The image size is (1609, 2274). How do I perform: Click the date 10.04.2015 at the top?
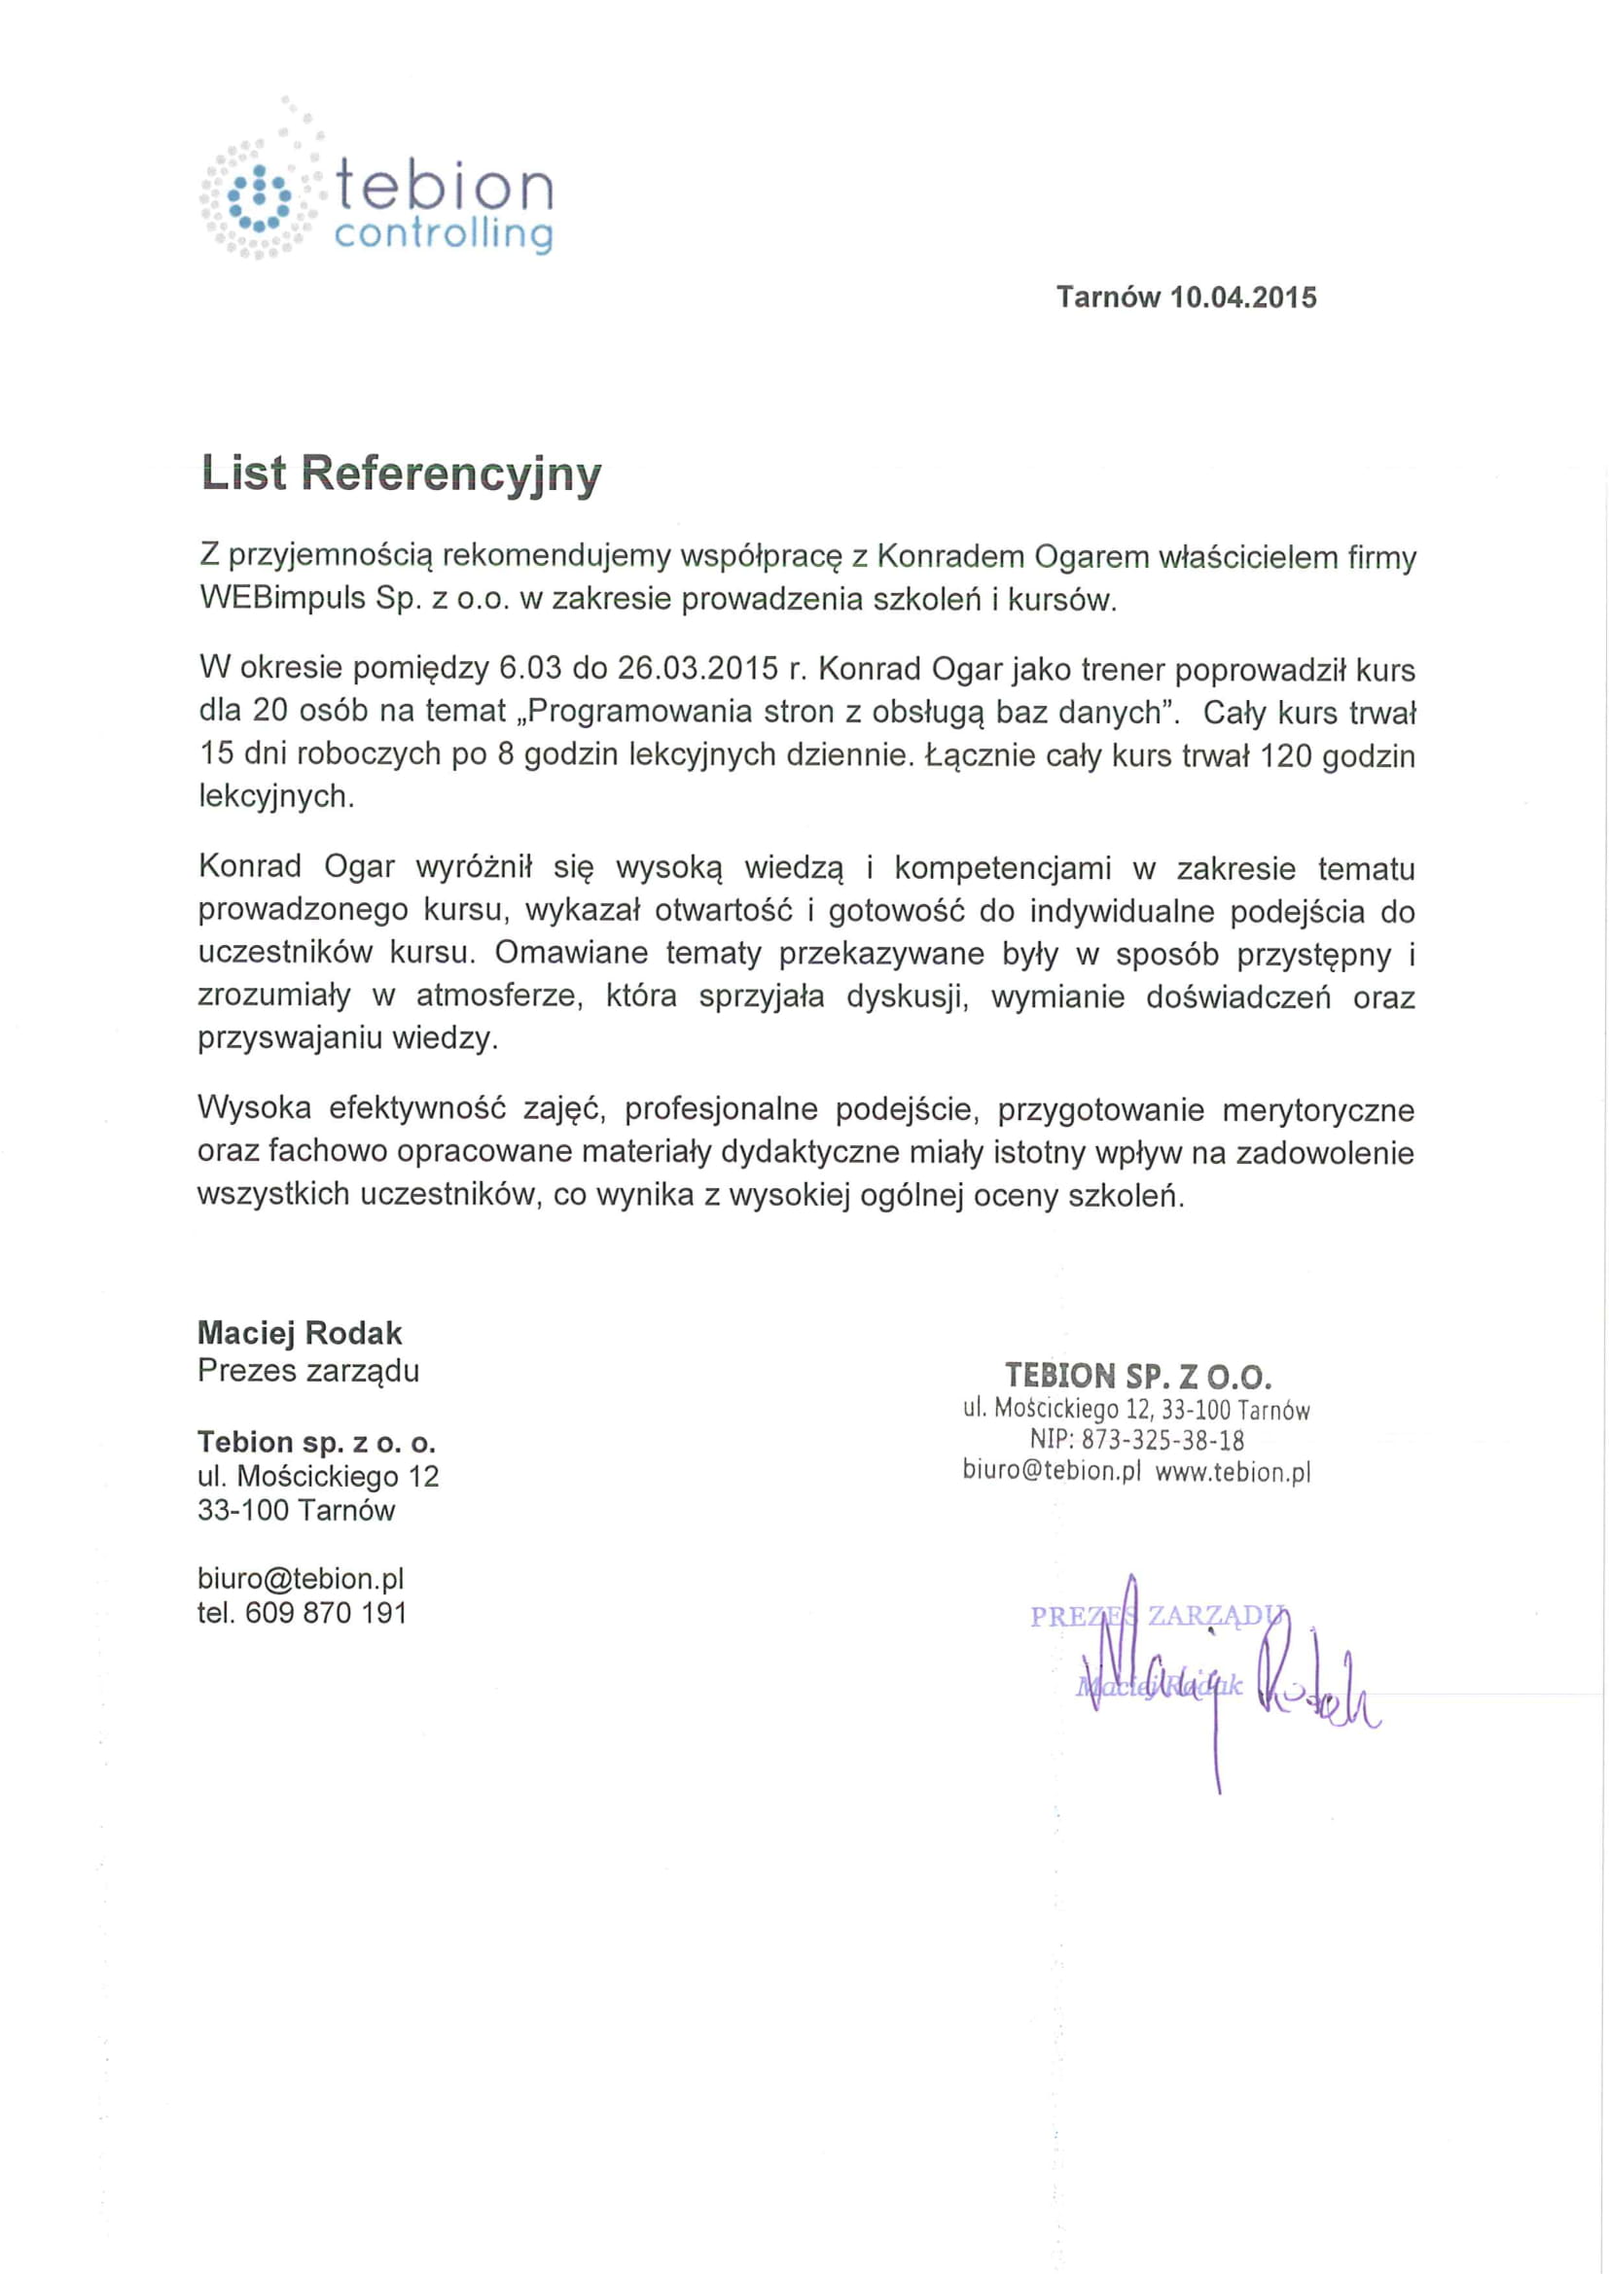click(x=1243, y=298)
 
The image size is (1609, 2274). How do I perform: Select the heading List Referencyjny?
click(x=400, y=473)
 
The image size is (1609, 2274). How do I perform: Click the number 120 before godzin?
click(x=1286, y=755)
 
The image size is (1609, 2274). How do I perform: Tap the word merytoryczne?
click(x=1318, y=1110)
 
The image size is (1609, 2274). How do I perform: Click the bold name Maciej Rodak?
click(x=301, y=1333)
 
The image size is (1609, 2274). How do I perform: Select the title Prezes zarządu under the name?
click(x=308, y=1371)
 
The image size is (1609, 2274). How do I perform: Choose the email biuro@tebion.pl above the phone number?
click(x=301, y=1579)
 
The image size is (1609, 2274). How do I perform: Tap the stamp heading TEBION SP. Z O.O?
click(x=1137, y=1376)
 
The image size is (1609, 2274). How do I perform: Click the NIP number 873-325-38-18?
click(x=1161, y=1440)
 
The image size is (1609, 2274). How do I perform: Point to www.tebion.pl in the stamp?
click(x=1233, y=1473)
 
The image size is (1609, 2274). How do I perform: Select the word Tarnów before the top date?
click(x=1108, y=298)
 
